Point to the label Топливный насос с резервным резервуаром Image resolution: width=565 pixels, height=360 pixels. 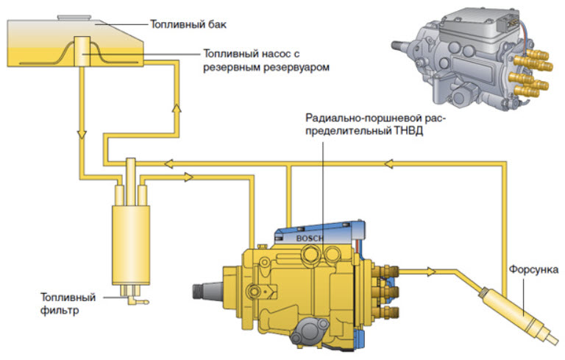point(264,60)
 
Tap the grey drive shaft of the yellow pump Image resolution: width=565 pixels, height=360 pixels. point(207,292)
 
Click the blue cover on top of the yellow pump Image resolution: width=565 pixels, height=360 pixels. point(324,234)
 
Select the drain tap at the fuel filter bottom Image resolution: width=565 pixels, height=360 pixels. point(136,300)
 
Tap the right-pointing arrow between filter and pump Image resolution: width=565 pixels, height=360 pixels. point(189,177)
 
